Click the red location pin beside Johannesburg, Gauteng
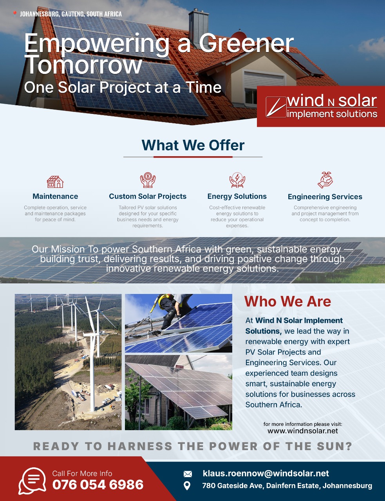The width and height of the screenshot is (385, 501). click(x=14, y=14)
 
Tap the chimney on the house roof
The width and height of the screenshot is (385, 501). click(x=199, y=28)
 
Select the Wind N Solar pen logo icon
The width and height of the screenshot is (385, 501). click(x=276, y=107)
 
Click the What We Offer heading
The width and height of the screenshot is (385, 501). click(x=193, y=145)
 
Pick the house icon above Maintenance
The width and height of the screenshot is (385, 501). click(x=55, y=182)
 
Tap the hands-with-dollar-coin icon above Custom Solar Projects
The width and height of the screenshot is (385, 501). click(x=148, y=180)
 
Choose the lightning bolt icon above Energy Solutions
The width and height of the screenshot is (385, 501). click(x=237, y=180)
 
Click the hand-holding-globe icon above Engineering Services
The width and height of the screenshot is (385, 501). click(x=325, y=180)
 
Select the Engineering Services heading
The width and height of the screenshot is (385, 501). click(x=325, y=196)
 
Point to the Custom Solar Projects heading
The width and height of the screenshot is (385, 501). click(x=148, y=196)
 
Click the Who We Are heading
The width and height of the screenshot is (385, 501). click(x=287, y=301)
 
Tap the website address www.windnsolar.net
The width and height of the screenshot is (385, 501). click(x=303, y=431)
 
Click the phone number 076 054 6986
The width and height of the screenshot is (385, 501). click(x=98, y=485)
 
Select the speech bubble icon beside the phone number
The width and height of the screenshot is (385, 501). click(x=32, y=481)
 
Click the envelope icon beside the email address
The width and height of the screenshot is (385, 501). click(x=188, y=474)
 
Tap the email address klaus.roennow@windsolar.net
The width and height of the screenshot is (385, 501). click(x=266, y=473)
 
